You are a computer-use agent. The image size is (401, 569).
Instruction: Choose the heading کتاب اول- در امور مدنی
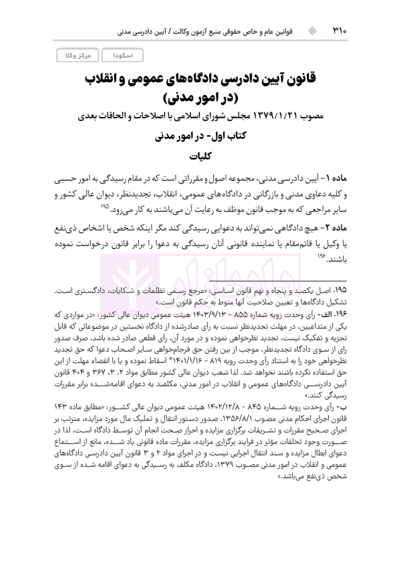200,139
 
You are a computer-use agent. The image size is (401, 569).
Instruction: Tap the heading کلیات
200,158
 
